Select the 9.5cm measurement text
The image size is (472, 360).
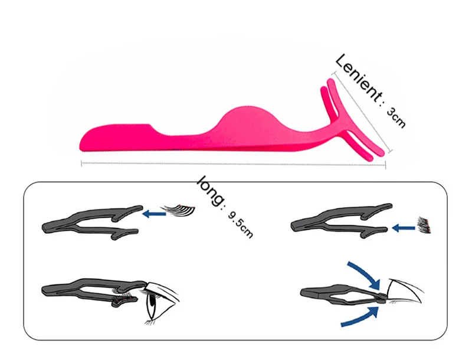click(x=240, y=222)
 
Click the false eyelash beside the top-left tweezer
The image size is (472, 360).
click(x=179, y=209)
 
